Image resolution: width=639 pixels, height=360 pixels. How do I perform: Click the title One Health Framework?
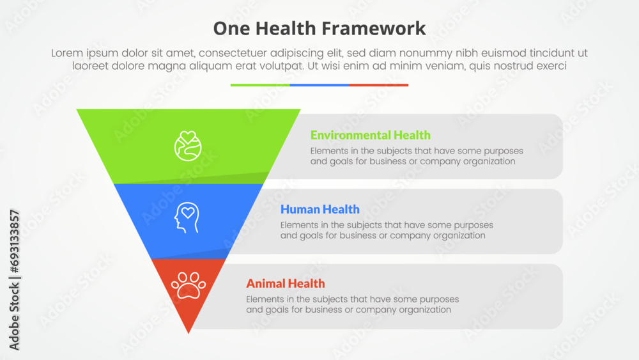(x=319, y=28)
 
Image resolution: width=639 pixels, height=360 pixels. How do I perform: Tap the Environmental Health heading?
(x=370, y=135)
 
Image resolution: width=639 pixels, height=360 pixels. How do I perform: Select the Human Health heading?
(x=319, y=209)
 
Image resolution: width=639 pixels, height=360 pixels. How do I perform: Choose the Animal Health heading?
(x=285, y=283)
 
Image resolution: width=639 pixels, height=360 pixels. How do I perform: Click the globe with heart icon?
(x=188, y=146)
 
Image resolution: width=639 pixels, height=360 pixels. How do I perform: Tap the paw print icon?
(x=189, y=285)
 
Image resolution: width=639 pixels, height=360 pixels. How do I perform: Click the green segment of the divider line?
(x=260, y=84)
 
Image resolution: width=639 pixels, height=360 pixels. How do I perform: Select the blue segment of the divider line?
(x=319, y=84)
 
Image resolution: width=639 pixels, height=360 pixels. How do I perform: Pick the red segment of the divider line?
(x=379, y=84)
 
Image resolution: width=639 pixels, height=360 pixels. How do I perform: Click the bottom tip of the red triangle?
(x=189, y=332)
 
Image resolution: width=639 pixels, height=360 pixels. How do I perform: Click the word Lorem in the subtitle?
(x=66, y=54)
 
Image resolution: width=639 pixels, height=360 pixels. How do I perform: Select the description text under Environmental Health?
(x=417, y=156)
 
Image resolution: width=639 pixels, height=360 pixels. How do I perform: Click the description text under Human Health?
(x=387, y=230)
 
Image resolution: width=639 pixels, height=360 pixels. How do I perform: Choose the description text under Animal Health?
(x=352, y=304)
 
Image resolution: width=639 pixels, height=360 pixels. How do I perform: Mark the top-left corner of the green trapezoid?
(x=78, y=110)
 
